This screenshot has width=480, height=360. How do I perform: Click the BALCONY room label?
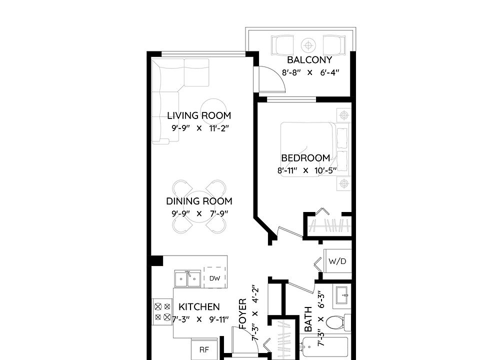(x=309, y=59)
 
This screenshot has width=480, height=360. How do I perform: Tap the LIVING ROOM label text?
(x=199, y=115)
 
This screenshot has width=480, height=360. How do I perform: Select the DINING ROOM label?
(x=199, y=201)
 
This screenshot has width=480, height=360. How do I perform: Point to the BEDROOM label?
(x=305, y=158)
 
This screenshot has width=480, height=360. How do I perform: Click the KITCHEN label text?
(x=199, y=306)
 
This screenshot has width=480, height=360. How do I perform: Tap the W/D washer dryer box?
(x=337, y=261)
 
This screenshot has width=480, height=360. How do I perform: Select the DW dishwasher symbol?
(x=214, y=278)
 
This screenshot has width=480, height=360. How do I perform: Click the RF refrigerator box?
(x=204, y=349)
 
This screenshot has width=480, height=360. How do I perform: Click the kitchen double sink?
(x=187, y=278)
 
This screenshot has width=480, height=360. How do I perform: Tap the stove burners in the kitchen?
(x=162, y=312)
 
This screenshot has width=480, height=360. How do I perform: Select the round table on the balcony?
(x=308, y=45)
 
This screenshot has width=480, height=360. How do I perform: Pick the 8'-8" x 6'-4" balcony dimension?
(x=310, y=73)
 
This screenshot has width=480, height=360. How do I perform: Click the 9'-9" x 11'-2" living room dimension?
(x=200, y=128)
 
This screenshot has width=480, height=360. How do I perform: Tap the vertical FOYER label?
(x=242, y=313)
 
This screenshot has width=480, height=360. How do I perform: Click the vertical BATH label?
(x=308, y=319)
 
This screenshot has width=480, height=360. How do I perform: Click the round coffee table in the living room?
(x=213, y=112)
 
